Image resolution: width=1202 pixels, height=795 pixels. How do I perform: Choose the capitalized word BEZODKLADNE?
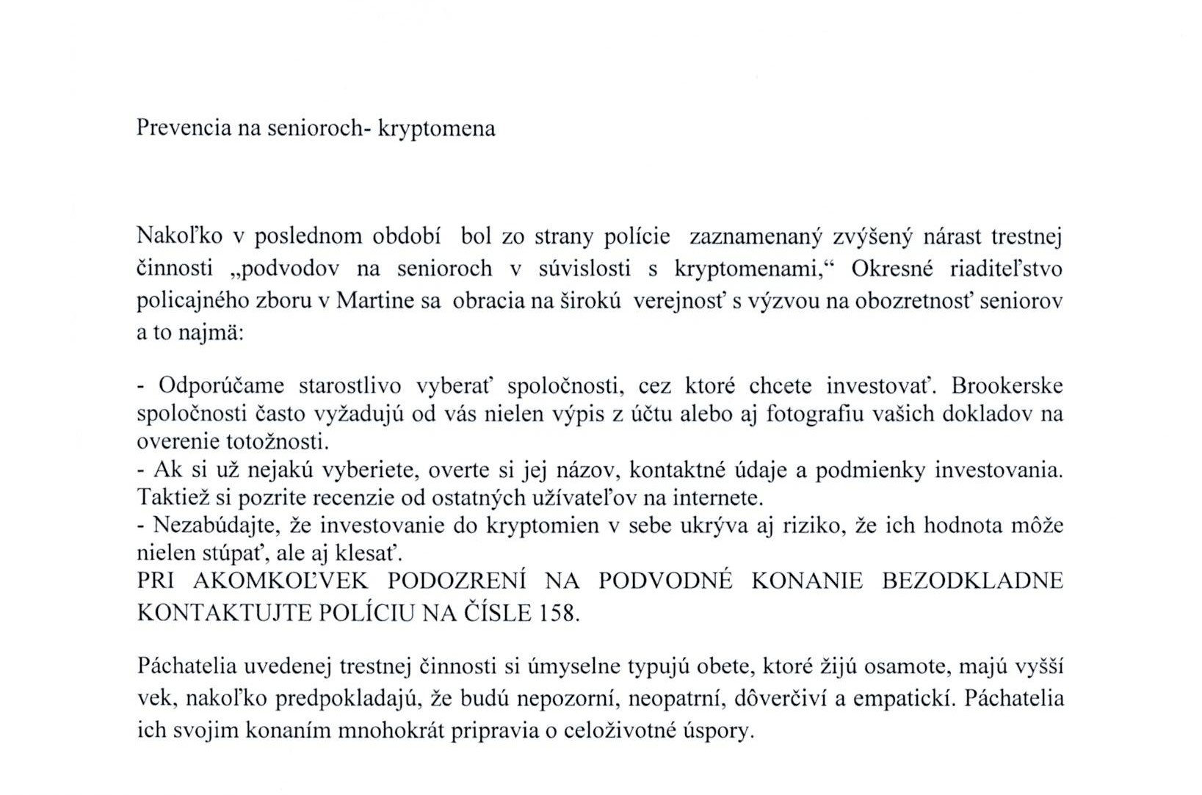tap(972, 581)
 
